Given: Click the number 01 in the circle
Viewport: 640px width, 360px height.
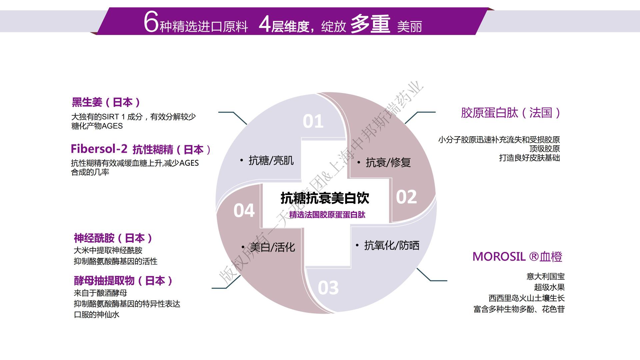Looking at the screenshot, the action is coord(313,122).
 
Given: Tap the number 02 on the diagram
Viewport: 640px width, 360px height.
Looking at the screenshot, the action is coord(406,197).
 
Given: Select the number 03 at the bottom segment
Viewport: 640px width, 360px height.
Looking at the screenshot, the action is coord(328,288).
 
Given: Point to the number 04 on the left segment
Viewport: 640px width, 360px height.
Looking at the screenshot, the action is coord(244,211).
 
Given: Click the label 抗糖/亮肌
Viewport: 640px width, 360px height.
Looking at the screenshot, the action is coord(271,161).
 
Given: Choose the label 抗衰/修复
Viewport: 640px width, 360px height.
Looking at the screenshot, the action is coord(388,162).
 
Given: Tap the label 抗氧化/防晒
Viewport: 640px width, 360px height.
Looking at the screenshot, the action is coord(391,246).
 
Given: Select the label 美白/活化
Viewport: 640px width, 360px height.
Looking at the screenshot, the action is coord(272,247).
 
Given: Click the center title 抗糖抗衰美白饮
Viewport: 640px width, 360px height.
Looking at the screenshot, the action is coord(325,198).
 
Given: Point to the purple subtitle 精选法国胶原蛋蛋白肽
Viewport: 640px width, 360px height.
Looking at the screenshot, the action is coord(327,215).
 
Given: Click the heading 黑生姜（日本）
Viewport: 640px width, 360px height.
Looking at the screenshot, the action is coord(106,102).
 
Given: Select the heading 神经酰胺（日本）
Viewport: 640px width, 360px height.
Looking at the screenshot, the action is coord(113,238).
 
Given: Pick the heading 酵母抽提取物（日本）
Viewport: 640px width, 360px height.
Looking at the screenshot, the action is coord(123,281).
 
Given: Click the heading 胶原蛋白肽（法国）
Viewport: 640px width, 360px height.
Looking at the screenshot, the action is coord(510,113).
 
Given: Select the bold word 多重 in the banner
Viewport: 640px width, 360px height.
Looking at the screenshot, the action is coord(370,24).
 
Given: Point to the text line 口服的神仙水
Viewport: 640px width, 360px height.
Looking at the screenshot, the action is coord(97,315).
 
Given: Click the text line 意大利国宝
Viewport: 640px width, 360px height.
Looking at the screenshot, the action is coord(545,276).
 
